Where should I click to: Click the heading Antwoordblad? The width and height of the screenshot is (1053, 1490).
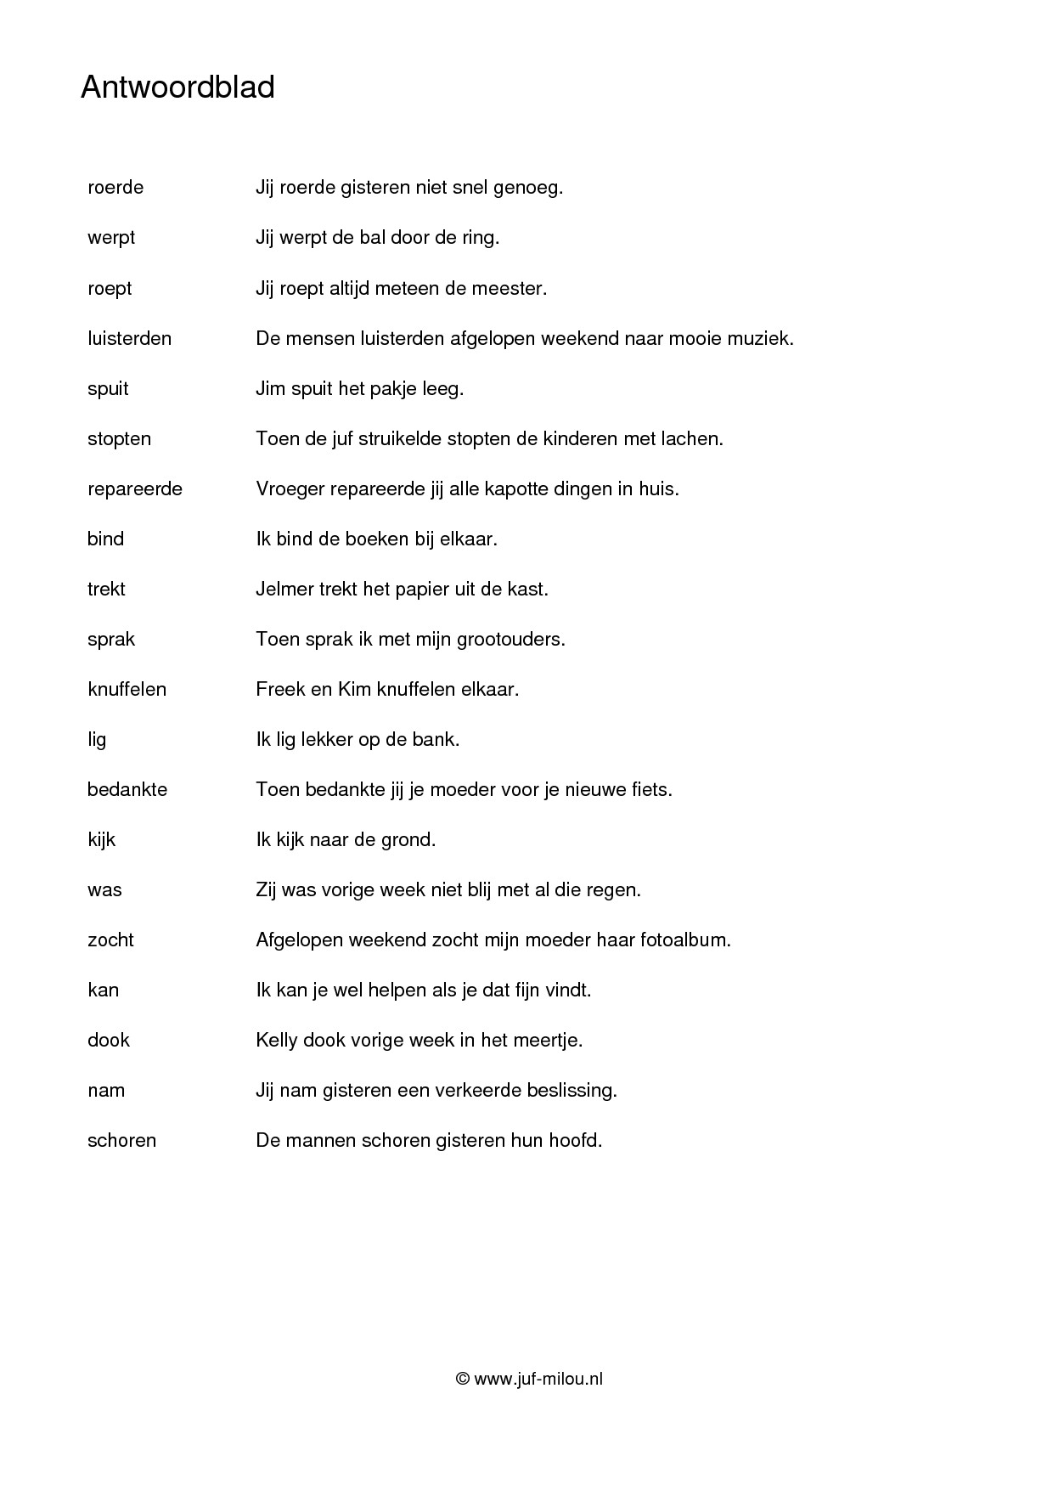(x=177, y=87)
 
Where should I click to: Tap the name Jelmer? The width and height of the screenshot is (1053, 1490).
(x=284, y=589)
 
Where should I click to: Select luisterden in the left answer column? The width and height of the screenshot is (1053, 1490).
(x=129, y=338)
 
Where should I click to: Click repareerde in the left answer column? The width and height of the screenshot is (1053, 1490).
(x=135, y=488)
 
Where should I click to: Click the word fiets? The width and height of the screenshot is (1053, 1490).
(x=651, y=789)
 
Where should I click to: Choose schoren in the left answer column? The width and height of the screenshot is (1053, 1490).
(x=121, y=1140)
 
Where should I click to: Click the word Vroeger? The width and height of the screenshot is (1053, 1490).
(x=289, y=488)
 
